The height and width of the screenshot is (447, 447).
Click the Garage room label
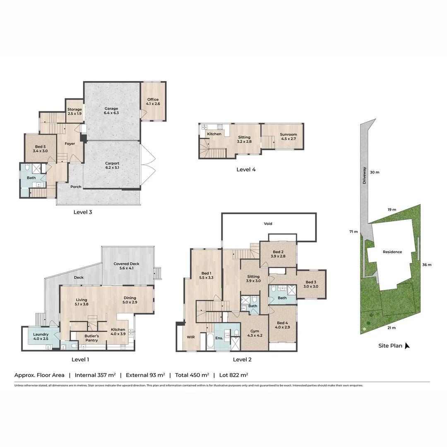111,111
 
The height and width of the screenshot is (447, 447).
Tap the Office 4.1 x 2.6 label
153,101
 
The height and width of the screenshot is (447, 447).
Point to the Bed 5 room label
40,149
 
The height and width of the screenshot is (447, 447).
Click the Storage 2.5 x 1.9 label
75,111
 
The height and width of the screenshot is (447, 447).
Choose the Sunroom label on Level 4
288,137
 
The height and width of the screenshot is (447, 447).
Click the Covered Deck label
127,266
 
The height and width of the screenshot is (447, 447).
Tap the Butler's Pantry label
91,338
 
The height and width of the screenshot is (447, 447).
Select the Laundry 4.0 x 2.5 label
41,336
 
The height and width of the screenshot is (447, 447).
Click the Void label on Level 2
268,223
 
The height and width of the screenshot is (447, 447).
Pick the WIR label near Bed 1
190,337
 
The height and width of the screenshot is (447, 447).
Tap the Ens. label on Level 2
219,338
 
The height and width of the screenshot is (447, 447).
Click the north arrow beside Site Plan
407,346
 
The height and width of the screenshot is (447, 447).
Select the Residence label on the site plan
392,252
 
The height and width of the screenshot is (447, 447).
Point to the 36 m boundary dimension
426,265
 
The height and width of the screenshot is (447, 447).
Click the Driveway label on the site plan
365,175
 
